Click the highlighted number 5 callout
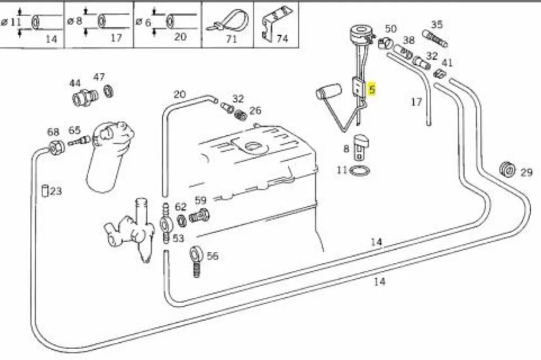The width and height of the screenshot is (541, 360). tap(372, 90)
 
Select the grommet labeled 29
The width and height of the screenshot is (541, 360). tap(507, 169)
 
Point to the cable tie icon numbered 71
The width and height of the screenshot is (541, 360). tap(227, 22)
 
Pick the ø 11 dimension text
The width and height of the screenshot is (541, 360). tap(11, 22)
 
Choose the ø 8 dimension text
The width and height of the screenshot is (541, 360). tap(75, 21)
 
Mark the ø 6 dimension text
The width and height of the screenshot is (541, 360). tap(143, 22)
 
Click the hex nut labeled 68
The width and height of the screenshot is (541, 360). tap(57, 147)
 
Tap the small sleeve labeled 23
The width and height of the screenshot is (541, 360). tap(45, 191)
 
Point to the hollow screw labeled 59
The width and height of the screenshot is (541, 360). tap(199, 217)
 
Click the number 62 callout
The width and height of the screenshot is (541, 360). tap(181, 207)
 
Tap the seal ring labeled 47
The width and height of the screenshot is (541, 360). tap(109, 91)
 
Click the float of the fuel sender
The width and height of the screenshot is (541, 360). tap(328, 91)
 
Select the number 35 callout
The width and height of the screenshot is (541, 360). tap(437, 24)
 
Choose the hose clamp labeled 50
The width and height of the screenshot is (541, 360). tap(384, 44)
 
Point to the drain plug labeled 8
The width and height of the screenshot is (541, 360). tap(360, 147)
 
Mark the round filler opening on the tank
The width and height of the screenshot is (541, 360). tap(255, 147)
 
